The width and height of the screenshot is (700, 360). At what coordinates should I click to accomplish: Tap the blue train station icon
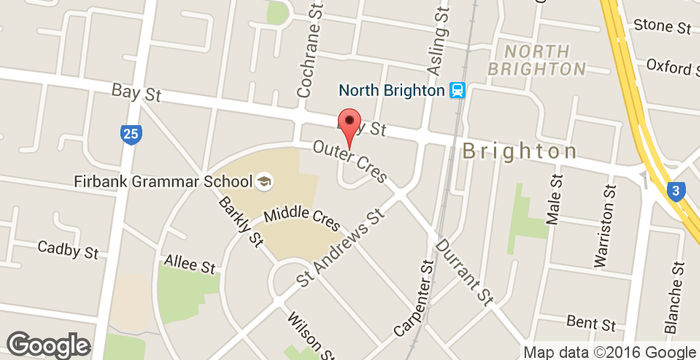[458, 90]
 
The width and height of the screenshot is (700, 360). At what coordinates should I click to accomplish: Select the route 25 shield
[130, 133]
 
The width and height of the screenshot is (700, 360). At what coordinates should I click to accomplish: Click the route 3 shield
[676, 190]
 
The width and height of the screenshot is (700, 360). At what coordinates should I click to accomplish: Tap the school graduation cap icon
[264, 181]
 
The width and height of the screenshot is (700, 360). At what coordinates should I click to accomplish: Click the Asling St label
[436, 45]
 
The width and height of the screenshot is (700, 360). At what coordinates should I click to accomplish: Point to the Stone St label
[662, 25]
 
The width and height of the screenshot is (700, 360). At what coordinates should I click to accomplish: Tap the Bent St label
[590, 323]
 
